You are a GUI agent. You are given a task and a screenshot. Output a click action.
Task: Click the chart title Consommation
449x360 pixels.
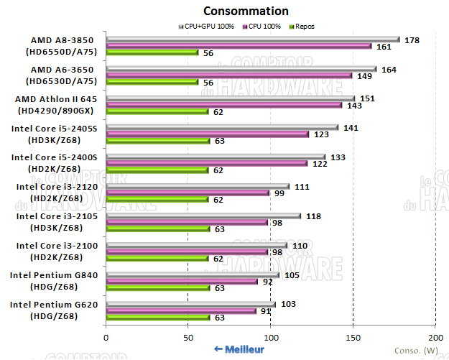[246, 11]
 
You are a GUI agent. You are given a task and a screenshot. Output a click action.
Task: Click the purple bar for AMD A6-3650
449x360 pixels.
[228, 75]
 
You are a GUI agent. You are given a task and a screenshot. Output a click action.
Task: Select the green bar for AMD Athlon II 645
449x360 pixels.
[157, 111]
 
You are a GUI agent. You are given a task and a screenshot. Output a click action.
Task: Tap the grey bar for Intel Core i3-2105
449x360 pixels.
[203, 216]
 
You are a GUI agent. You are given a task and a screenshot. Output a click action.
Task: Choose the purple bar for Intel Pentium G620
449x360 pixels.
[180, 310]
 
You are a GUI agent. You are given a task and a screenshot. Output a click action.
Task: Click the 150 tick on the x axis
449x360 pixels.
[353, 337]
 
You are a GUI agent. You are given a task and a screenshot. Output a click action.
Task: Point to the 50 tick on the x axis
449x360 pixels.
[188, 337]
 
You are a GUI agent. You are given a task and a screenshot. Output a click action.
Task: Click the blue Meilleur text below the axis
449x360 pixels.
[239, 349]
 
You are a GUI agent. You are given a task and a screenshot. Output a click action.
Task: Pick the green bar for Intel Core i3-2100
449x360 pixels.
[157, 259]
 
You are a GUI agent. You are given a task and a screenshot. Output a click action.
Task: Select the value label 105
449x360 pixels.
[292, 275]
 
